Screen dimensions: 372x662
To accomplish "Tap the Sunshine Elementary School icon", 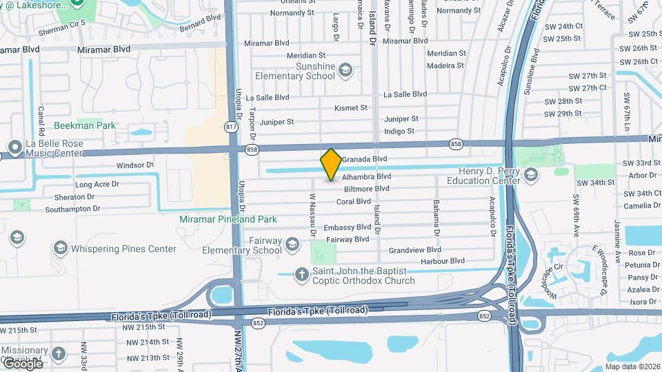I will tap(345, 70).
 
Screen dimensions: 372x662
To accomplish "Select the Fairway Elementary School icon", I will tap(292, 245).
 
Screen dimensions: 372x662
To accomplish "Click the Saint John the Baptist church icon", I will tap(301, 275).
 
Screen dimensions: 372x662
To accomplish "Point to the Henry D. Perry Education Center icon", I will tap(530, 175).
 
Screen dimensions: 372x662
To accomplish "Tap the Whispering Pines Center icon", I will tap(60, 248).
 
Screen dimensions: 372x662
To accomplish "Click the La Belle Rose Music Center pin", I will tap(14, 147).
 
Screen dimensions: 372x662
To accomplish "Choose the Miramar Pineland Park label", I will tap(228, 219).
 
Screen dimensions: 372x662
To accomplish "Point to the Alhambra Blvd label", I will tap(366, 177).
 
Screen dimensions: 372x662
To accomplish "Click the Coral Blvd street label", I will tap(354, 202).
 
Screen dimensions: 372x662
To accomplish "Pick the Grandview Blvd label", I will tap(414, 250).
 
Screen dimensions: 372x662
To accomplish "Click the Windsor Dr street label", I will tap(134, 165).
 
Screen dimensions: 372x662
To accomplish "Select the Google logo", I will tap(22, 363).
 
